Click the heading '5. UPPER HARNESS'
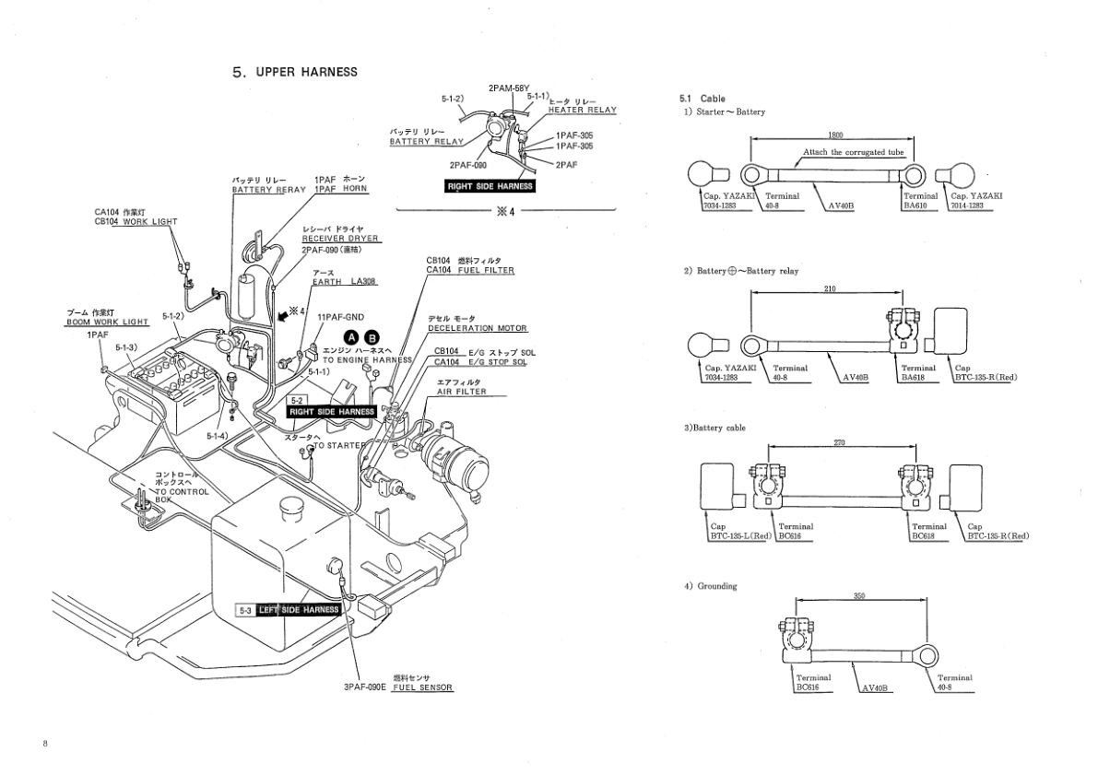click(x=295, y=72)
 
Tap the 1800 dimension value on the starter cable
click(x=836, y=135)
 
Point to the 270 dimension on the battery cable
click(x=839, y=443)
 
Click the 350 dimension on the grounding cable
click(x=859, y=596)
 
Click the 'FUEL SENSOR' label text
click(x=422, y=688)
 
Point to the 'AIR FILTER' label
click(x=461, y=391)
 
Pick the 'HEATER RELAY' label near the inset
click(x=583, y=110)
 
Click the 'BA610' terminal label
click(x=915, y=207)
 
